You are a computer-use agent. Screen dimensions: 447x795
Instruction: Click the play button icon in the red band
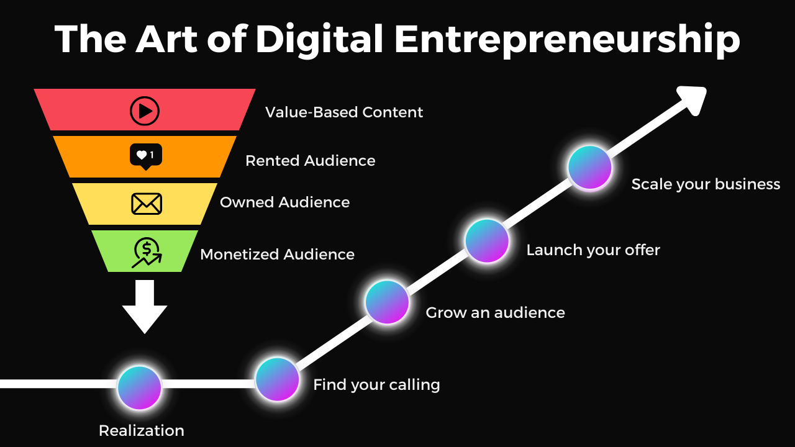(145, 111)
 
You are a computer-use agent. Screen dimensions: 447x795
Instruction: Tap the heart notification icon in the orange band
(145, 156)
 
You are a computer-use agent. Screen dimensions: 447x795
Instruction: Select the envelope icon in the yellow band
(147, 204)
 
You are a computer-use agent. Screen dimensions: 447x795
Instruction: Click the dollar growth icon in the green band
(147, 253)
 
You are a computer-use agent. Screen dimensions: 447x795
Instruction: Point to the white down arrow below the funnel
(145, 307)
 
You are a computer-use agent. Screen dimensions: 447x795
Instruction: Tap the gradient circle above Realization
(140, 387)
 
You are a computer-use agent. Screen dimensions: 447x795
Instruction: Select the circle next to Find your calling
(277, 379)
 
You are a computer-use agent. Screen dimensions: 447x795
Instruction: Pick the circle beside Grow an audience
(387, 302)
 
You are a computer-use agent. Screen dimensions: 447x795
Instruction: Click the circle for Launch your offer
(487, 241)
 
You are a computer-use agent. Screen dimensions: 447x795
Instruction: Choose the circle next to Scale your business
(590, 168)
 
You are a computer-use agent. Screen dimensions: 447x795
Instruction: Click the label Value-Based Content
(344, 112)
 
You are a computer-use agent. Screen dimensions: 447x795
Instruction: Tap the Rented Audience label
(310, 161)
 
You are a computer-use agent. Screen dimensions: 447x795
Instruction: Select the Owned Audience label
(284, 202)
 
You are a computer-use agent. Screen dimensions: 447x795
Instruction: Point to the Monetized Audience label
(277, 255)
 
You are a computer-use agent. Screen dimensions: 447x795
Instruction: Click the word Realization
(142, 430)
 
